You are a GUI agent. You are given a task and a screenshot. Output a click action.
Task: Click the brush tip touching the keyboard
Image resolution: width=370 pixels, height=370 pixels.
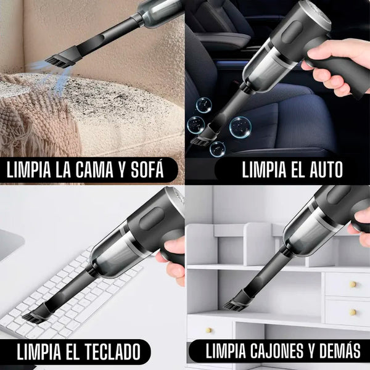(35, 317)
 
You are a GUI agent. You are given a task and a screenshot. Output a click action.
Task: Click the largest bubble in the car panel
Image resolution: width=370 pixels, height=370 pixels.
(240, 126)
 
